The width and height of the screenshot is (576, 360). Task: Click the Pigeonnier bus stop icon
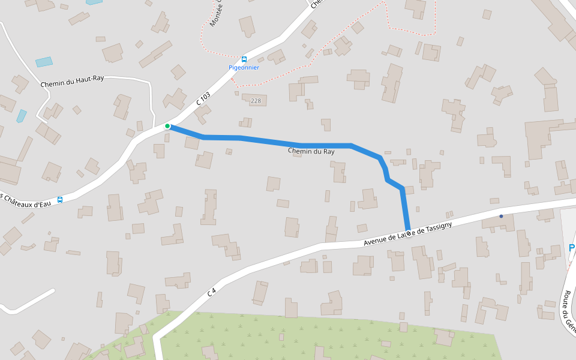pos(244,59)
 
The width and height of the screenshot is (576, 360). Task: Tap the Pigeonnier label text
pos(244,68)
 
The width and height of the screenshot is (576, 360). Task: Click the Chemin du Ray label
pos(311,151)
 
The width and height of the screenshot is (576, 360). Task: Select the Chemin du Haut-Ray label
pos(72,82)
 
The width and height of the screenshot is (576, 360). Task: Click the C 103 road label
pos(203,100)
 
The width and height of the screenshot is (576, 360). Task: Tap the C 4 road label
pos(211,293)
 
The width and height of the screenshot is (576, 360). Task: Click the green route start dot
pos(167,126)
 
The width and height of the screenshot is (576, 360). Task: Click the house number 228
pos(256,101)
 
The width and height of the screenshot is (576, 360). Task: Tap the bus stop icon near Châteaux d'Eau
pos(59,200)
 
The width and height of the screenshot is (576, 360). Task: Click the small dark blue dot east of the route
pos(501,216)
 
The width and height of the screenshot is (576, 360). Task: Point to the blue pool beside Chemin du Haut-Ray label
pos(44,62)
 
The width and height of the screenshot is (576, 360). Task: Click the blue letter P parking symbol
pos(572,248)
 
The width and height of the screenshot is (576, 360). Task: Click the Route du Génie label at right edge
pos(568,312)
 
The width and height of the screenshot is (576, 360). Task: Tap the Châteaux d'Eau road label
pos(24,201)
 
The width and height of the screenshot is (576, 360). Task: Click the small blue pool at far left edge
pos(22,115)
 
